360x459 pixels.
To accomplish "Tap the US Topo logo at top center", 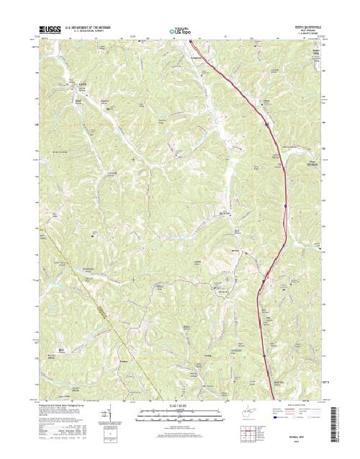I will pos(179,32).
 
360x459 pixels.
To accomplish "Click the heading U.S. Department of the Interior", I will pos(86,29).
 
